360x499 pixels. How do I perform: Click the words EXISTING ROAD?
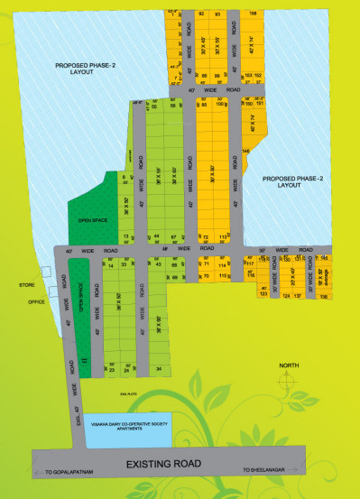click(x=162, y=465)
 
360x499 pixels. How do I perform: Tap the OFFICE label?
click(x=36, y=301)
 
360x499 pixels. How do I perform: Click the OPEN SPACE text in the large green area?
click(x=92, y=219)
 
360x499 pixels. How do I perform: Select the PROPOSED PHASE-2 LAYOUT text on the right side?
click(x=292, y=180)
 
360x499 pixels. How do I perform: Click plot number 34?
click(x=159, y=369)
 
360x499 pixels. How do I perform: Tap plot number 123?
click(x=263, y=294)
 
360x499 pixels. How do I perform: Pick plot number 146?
click(x=245, y=151)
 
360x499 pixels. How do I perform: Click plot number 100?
click(x=219, y=104)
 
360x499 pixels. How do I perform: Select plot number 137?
click(x=297, y=295)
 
